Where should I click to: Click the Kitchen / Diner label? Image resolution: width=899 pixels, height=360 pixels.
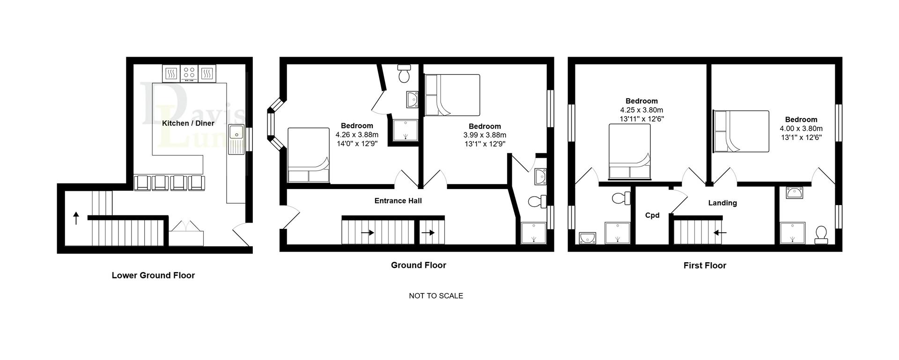pos(188,124)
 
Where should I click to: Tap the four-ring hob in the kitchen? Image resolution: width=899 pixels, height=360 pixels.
pos(189,73)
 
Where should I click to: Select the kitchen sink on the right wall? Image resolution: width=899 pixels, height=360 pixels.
pos(236,139)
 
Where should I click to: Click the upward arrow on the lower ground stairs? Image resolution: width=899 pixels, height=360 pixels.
pos(76,218)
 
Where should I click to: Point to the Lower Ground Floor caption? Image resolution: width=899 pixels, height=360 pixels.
pos(153,275)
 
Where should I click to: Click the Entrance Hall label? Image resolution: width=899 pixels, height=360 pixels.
pos(398,201)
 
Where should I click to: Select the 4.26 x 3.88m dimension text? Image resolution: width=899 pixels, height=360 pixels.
pos(357,135)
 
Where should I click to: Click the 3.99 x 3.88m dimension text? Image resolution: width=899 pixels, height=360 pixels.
pos(485,135)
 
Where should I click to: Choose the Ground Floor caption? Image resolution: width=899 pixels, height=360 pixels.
pos(419,265)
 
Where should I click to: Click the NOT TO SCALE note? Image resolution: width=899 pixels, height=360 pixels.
pos(436,296)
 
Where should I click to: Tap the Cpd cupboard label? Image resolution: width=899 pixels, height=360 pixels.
pos(652,215)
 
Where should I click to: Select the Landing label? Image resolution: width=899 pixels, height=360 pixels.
pos(722,203)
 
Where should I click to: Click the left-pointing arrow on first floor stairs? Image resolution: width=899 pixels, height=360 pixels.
pos(720,232)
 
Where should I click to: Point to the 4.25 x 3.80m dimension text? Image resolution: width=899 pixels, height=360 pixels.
pos(641,110)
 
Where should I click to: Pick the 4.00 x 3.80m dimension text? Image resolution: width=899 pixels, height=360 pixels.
pos(801,129)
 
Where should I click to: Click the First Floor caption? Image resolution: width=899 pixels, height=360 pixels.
pos(705,266)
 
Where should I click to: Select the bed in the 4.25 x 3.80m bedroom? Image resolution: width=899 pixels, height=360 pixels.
pos(630,152)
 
